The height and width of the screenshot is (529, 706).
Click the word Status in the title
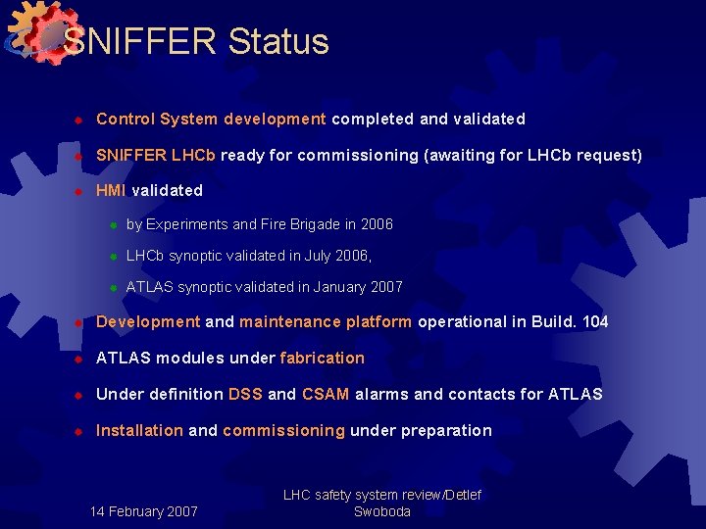click(278, 41)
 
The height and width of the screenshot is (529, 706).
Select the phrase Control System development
click(211, 119)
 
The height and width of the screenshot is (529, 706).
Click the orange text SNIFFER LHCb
click(158, 155)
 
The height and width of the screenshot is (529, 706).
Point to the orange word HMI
click(111, 190)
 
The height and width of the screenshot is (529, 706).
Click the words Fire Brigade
click(300, 224)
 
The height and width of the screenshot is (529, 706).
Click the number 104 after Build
click(594, 321)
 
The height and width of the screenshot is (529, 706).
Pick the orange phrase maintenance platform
click(326, 321)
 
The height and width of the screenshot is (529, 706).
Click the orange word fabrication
click(322, 358)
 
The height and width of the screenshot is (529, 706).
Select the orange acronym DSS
click(245, 394)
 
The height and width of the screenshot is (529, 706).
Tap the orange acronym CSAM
click(326, 394)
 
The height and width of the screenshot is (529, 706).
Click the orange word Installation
click(139, 430)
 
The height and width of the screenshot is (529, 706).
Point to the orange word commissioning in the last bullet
click(283, 430)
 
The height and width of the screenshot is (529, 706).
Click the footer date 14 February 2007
click(143, 511)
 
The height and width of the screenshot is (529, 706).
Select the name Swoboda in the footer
click(381, 511)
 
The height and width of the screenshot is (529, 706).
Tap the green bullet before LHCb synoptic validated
click(114, 257)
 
